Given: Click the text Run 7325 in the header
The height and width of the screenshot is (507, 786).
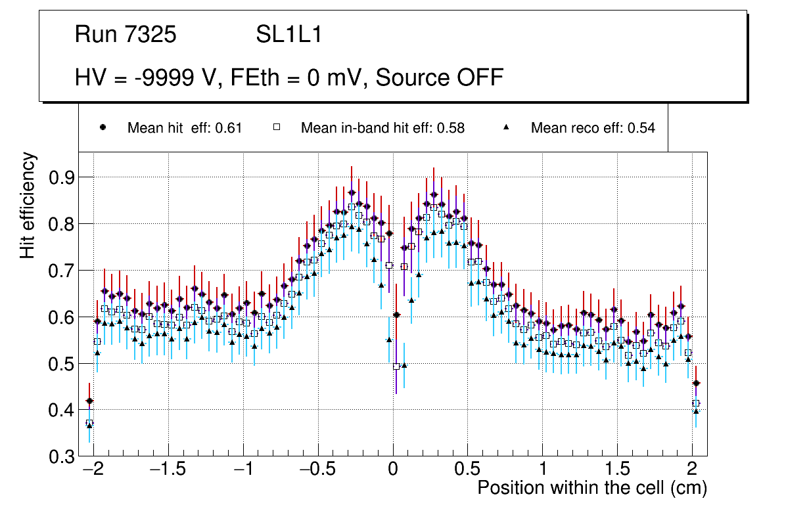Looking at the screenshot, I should [x=126, y=35].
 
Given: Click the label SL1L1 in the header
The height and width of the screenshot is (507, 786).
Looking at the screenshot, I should [x=289, y=35].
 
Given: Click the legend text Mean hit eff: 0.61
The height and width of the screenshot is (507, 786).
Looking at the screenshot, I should [x=185, y=128].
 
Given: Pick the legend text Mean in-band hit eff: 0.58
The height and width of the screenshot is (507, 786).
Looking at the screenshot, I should [x=382, y=128].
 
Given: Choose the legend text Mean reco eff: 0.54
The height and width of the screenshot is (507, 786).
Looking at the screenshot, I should [x=593, y=128].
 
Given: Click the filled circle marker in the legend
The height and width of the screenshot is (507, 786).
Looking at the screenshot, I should [x=103, y=127].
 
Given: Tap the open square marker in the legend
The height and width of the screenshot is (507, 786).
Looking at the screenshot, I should [x=277, y=127].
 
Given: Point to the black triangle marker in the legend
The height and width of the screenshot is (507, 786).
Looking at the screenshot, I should [x=507, y=127].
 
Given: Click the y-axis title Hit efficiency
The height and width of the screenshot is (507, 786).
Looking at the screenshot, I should [x=28, y=205].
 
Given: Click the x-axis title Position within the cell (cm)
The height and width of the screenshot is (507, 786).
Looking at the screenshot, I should [x=591, y=488].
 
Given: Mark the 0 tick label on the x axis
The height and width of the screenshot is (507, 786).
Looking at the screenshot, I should [x=393, y=470].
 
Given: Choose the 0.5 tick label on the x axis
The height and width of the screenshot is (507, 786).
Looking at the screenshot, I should [x=468, y=470].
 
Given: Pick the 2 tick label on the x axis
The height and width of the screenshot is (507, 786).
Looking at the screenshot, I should [x=692, y=470].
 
